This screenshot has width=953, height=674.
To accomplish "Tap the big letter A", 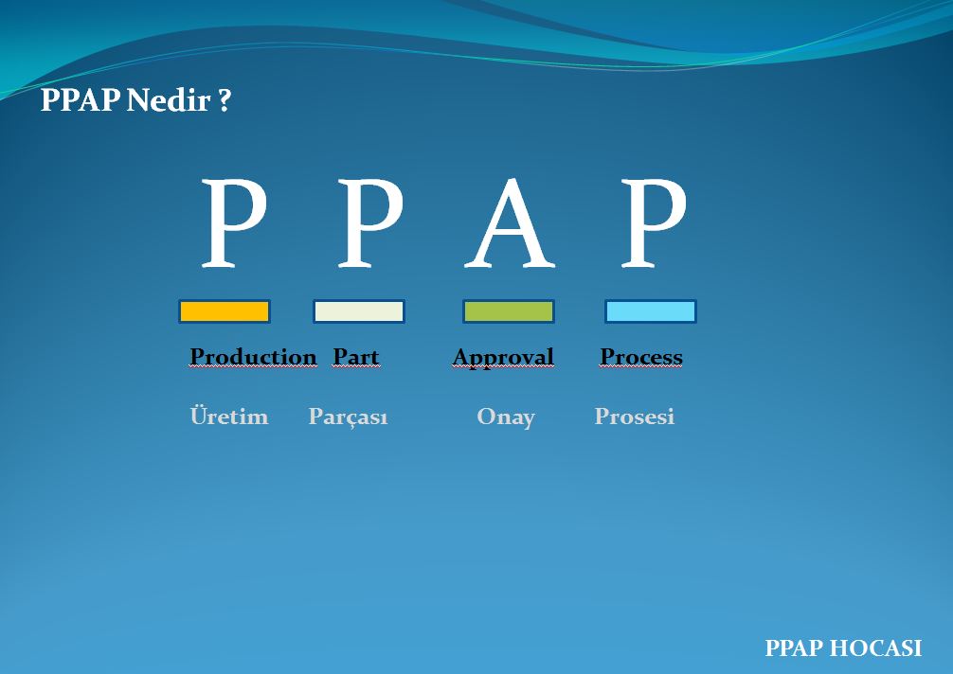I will tap(509, 223).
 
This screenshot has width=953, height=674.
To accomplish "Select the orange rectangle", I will tap(225, 311).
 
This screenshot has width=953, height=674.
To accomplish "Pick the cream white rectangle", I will tap(359, 311).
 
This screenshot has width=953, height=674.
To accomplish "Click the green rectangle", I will tap(508, 311).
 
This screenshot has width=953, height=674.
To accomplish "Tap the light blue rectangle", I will tap(651, 311).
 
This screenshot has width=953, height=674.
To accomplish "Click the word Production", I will tap(253, 357).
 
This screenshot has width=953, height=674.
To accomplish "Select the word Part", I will tap(356, 357).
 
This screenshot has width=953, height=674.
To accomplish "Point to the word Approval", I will tap(503, 357).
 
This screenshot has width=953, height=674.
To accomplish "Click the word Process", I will tap(641, 357).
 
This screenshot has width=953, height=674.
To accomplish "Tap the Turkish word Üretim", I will tap(229, 417).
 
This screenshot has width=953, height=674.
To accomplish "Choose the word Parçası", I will tap(349, 417).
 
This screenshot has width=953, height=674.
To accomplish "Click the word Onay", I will tap(506, 417).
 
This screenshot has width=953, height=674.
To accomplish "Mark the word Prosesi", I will tap(635, 417).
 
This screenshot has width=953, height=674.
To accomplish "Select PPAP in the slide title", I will tap(80, 100).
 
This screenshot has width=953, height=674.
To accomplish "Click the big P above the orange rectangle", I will tap(232, 223).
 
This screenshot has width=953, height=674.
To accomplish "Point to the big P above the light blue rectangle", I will tap(653, 223).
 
